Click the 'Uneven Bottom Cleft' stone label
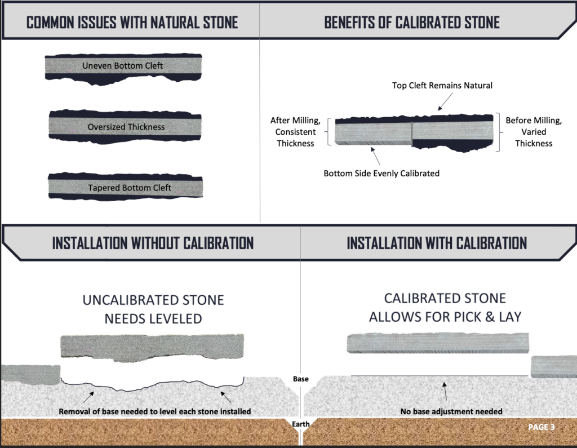pyautogui.click(x=122, y=66)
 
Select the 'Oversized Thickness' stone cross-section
pyautogui.click(x=126, y=127)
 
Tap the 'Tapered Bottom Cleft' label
pyautogui.click(x=129, y=188)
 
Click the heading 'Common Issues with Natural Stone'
pyautogui.click(x=132, y=23)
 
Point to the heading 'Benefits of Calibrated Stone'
pyautogui.click(x=412, y=23)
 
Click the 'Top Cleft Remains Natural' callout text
pyautogui.click(x=442, y=86)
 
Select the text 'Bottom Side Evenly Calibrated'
pyautogui.click(x=381, y=173)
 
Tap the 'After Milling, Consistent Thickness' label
pyautogui.click(x=296, y=132)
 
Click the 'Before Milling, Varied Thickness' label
pyautogui.click(x=534, y=132)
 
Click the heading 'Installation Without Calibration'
pyautogui.click(x=153, y=243)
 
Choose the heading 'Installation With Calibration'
pyautogui.click(x=437, y=243)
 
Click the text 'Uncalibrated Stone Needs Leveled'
pyautogui.click(x=153, y=309)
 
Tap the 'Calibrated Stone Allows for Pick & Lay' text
pyautogui.click(x=445, y=307)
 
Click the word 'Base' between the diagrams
pyautogui.click(x=301, y=379)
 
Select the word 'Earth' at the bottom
pyautogui.click(x=301, y=424)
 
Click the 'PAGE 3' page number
pyautogui.click(x=541, y=427)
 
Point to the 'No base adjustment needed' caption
pyautogui.click(x=443, y=411)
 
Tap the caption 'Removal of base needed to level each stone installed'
pyautogui.click(x=154, y=411)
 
